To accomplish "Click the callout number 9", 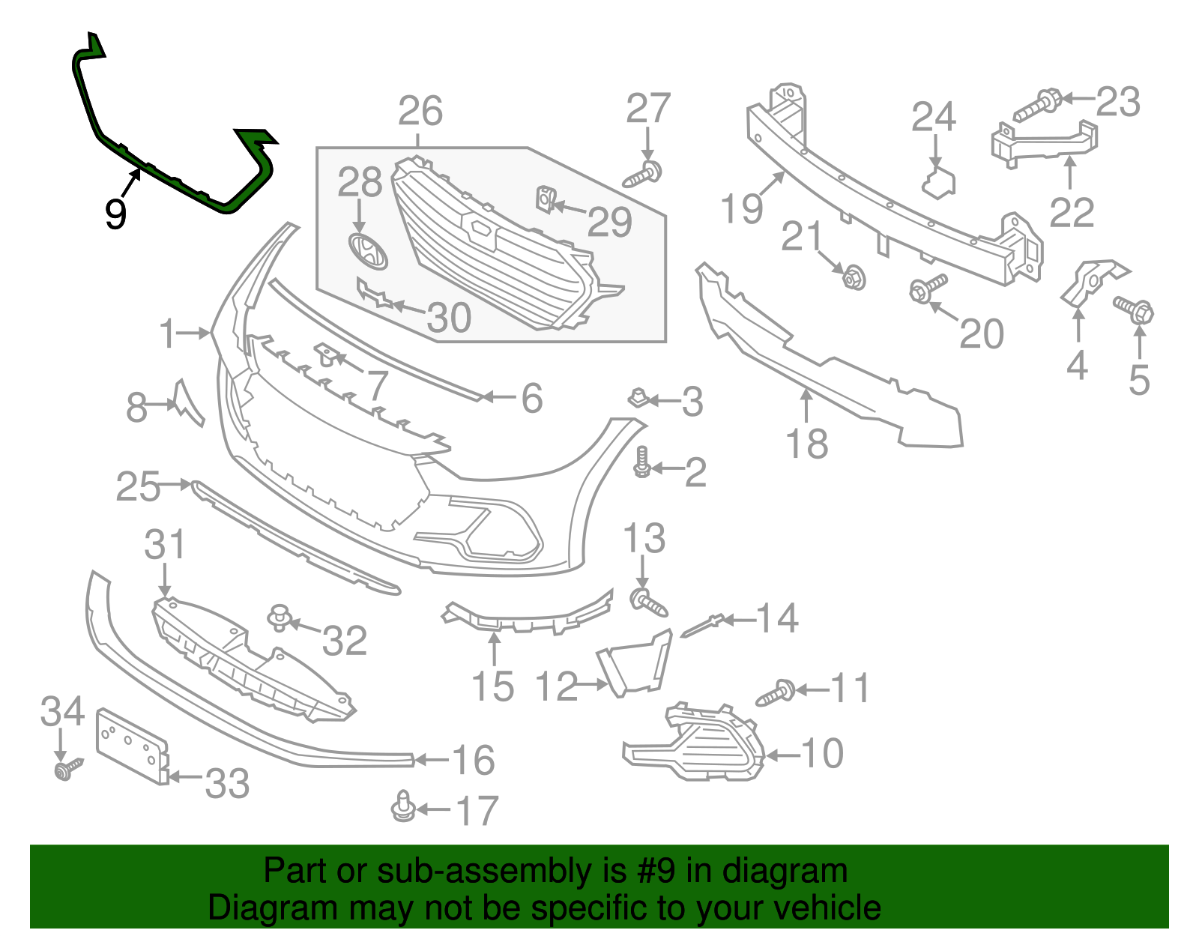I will pos(115,214).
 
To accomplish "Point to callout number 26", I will pos(420,112).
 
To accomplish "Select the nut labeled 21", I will pos(853,278).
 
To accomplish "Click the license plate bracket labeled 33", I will pos(133,746).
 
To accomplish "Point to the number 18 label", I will pos(806,444).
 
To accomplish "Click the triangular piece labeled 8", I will pos(187,402).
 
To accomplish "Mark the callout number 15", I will pos(492,686).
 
